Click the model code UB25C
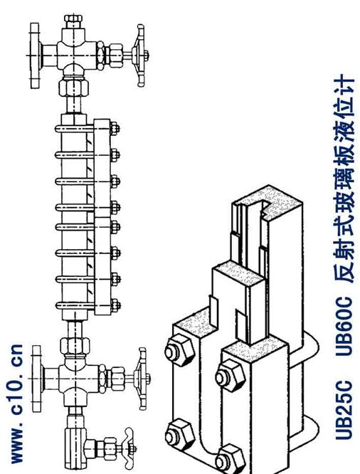click(344, 410)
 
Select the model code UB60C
click(344, 326)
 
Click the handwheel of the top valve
click(141, 56)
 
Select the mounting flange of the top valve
click(35, 56)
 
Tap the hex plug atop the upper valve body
click(73, 20)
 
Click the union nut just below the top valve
click(73, 87)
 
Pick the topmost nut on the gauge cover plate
click(115, 129)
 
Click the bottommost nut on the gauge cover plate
click(115, 305)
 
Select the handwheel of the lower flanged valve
click(142, 378)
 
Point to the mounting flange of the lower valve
click(36, 379)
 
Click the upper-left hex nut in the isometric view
click(179, 351)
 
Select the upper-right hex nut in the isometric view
click(231, 376)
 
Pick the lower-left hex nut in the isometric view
click(181, 436)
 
